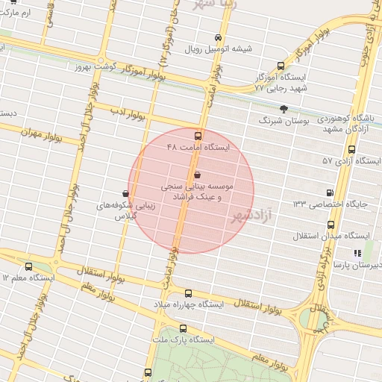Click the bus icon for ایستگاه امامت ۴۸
198,136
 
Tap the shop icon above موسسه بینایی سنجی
196,173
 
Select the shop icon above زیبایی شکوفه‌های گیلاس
125,193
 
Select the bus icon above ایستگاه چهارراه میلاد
188,293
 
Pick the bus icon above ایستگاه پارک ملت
184,328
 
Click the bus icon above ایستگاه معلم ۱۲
28,266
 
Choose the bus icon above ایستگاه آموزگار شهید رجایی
280,66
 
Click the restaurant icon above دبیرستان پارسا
357,253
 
